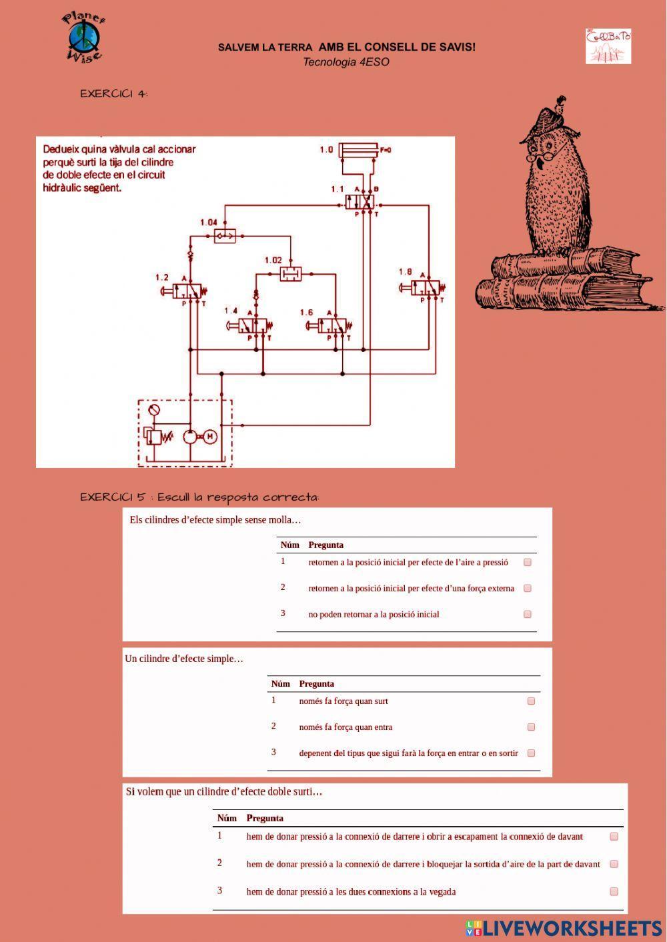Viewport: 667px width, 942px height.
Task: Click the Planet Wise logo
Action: [x=84, y=37]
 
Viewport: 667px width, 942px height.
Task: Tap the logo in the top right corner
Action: [x=608, y=45]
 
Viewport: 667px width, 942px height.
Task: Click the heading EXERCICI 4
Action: [x=113, y=93]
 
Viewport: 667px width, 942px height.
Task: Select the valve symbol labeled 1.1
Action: [x=360, y=201]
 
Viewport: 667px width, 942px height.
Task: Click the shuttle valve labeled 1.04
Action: [x=225, y=235]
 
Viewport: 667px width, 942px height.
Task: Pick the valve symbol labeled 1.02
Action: [x=290, y=273]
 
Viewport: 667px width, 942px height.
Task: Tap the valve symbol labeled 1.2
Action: [x=189, y=291]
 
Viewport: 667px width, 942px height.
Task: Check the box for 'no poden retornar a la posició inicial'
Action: [x=528, y=614]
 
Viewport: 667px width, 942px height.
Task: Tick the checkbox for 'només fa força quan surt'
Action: [x=531, y=701]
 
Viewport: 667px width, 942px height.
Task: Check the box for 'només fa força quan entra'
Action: [x=531, y=727]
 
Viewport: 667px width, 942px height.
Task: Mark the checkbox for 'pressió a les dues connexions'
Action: [x=614, y=891]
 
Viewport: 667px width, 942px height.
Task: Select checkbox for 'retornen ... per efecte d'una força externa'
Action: [x=528, y=588]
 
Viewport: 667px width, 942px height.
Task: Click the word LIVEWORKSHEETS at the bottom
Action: [x=572, y=928]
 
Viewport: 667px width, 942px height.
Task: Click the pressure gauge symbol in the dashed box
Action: [x=154, y=410]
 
